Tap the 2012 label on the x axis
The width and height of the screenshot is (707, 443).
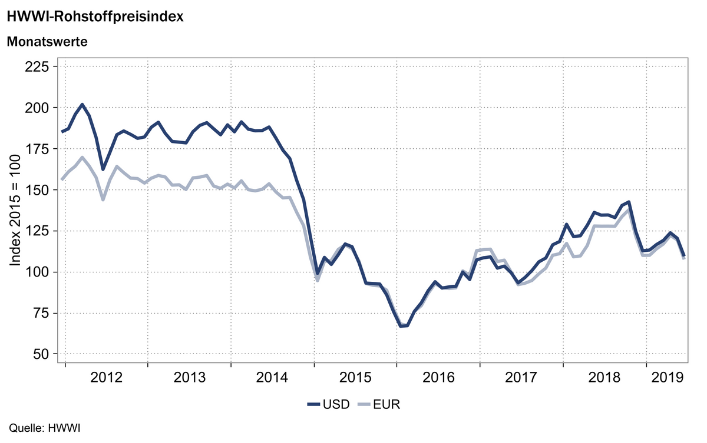coord(107,377)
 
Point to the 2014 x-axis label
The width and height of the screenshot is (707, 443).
coord(273,377)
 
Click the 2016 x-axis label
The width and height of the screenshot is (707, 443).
coord(438,377)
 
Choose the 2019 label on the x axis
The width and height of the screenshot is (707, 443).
coord(667,377)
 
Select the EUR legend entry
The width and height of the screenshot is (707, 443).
coord(379,404)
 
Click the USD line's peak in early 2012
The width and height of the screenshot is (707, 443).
coord(82,105)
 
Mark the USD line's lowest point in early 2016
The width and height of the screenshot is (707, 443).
coord(401,325)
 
